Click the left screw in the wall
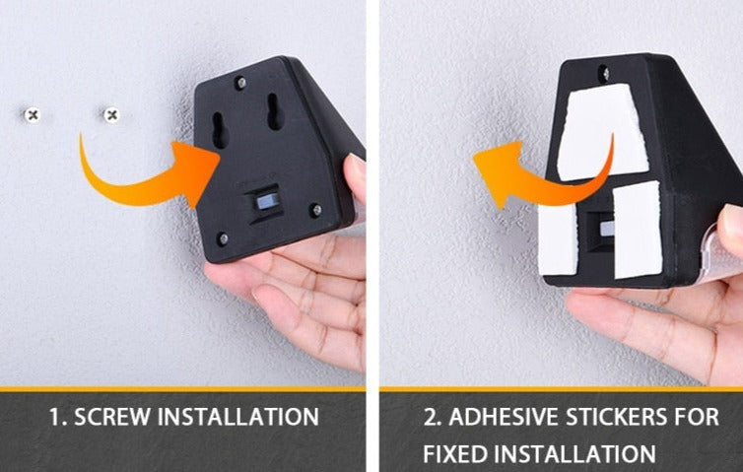(x=33, y=114)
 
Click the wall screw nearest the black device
(x=111, y=114)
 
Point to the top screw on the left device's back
(x=241, y=84)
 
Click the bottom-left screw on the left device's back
(x=223, y=238)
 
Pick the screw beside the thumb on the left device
(x=316, y=210)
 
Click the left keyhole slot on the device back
(x=220, y=130)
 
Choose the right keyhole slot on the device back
(x=274, y=111)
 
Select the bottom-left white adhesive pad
(x=559, y=239)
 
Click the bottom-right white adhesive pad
(x=638, y=230)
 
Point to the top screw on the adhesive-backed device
(x=604, y=73)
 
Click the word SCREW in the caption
(x=112, y=417)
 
